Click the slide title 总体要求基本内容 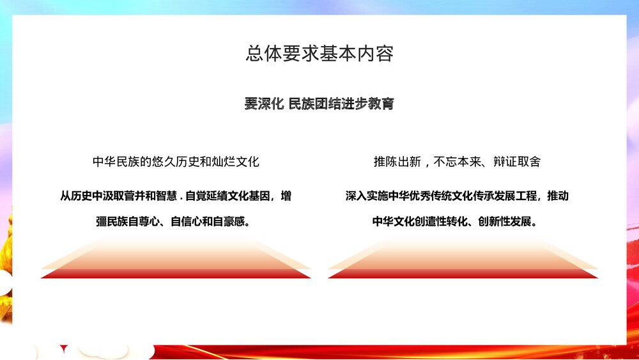point(319,53)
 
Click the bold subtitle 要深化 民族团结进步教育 point(319,104)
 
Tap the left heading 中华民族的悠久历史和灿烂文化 point(176,162)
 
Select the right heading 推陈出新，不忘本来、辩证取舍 point(457,162)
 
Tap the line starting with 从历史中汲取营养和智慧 point(176,196)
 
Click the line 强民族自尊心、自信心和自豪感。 point(173,223)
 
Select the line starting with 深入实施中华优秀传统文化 point(457,196)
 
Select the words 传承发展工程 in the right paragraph point(509,196)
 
